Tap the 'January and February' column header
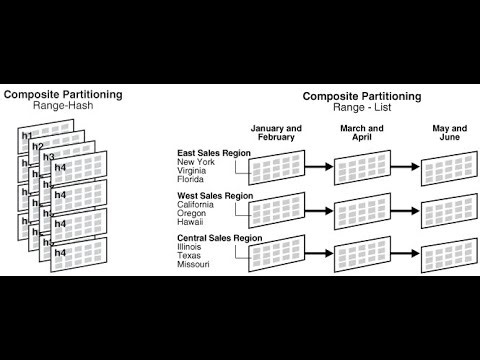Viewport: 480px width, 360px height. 276,134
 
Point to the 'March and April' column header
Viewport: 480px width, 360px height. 361,134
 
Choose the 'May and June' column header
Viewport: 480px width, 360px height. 449,134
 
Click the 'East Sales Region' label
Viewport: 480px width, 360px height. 214,152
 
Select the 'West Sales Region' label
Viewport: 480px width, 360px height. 215,196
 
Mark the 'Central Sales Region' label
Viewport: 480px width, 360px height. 219,239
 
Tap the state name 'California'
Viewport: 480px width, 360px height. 198,206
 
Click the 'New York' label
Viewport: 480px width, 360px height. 196,162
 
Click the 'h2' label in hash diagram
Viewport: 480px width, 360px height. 37,146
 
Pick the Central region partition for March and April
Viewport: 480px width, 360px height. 362,254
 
